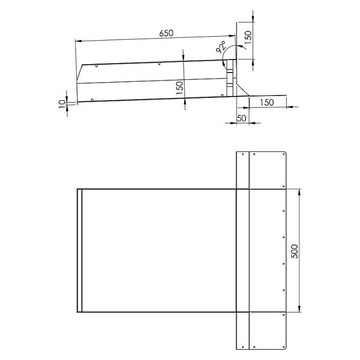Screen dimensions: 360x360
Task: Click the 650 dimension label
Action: pyautogui.click(x=166, y=33)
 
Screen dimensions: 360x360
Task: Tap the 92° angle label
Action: pyautogui.click(x=221, y=47)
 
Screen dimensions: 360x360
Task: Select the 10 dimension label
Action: pyautogui.click(x=62, y=104)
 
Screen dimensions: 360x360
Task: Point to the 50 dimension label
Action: pyautogui.click(x=241, y=118)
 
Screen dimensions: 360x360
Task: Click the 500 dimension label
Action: pyautogui.click(x=295, y=251)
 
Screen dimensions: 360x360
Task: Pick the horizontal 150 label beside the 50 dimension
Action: pyautogui.click(x=267, y=103)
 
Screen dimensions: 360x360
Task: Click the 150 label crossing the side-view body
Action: pyautogui.click(x=180, y=88)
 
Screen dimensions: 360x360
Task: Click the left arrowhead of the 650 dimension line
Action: pyautogui.click(x=79, y=41)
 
